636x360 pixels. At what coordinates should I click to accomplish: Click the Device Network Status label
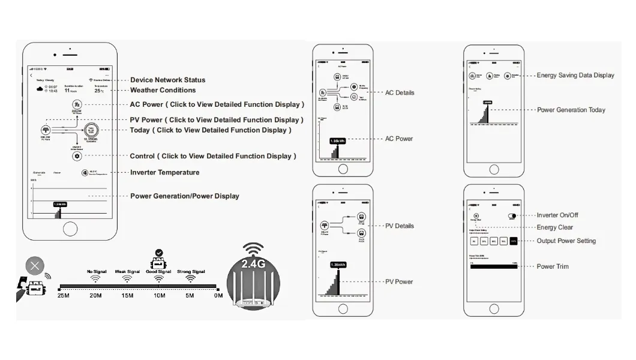tap(167, 80)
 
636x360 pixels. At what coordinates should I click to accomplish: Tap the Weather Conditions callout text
tap(163, 90)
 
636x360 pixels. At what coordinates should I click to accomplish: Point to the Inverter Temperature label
tap(164, 172)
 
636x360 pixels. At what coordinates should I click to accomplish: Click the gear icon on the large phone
tap(77, 156)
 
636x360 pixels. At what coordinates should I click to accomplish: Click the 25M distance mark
tap(64, 295)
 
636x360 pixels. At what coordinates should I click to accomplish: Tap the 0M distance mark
tap(218, 295)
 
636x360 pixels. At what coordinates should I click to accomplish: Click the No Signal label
tap(96, 272)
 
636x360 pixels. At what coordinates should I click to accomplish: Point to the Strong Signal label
tap(191, 272)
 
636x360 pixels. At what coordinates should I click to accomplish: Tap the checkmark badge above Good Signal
tap(158, 253)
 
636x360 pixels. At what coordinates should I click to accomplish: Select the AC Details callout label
tap(399, 92)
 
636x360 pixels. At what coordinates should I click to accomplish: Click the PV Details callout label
tap(399, 226)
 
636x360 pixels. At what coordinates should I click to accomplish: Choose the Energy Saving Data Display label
tap(575, 75)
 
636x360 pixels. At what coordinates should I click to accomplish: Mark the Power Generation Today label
tap(571, 110)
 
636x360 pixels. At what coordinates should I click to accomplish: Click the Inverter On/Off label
tap(557, 215)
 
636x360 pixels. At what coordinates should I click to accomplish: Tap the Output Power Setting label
tap(566, 241)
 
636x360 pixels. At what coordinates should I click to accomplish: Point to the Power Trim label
tap(553, 266)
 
